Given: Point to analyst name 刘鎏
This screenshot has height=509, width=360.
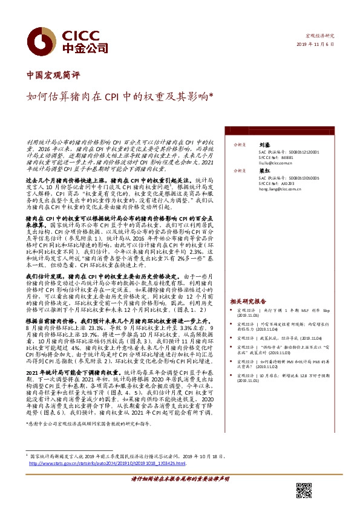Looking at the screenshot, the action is coord(263,146).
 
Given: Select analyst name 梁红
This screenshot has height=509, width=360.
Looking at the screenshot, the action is coord(263,171).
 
